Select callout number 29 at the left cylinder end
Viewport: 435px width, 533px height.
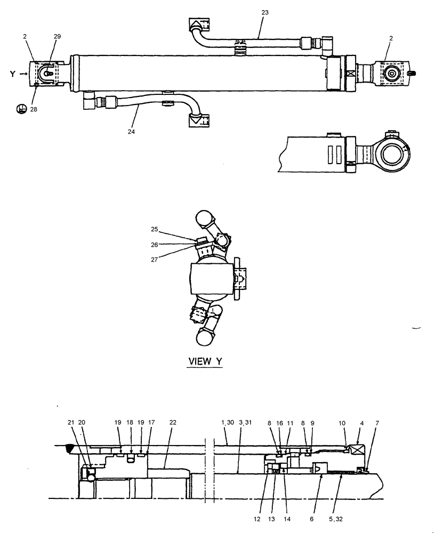click(x=58, y=36)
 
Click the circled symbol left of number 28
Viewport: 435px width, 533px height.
click(x=21, y=109)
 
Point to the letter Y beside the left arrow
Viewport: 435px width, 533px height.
click(x=12, y=74)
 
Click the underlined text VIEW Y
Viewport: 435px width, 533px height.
click(x=205, y=361)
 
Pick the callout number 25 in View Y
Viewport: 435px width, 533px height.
click(x=155, y=229)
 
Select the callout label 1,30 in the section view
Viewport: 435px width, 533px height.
click(x=227, y=423)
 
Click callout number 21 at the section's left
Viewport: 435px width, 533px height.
click(x=71, y=423)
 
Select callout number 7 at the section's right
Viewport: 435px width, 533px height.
click(x=378, y=423)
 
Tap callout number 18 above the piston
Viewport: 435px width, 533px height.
click(x=130, y=423)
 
